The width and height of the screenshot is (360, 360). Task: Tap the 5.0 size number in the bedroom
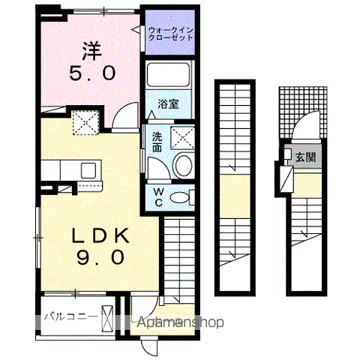pyautogui.click(x=94, y=73)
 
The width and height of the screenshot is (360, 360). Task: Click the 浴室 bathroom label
pyautogui.click(x=167, y=104)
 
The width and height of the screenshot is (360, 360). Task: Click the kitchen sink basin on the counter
pyautogui.click(x=88, y=169)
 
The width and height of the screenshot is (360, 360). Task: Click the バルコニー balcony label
pyautogui.click(x=70, y=316)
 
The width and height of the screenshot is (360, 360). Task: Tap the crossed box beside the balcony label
pyautogui.click(x=109, y=316)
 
